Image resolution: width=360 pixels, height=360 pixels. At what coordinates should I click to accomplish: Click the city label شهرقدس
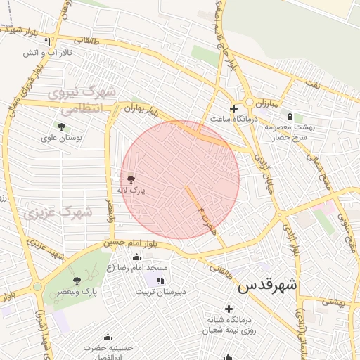coord(267,285)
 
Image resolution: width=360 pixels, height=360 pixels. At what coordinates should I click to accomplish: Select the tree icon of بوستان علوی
coord(61,127)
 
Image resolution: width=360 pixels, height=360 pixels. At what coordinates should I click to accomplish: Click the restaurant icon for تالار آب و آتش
coord(47,41)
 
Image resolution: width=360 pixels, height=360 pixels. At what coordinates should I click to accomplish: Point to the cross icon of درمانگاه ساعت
coord(234,108)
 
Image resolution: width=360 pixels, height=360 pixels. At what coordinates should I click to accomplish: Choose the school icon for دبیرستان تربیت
coord(161,281)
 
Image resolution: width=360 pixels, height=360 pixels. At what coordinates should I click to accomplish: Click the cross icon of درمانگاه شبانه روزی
coord(229,309)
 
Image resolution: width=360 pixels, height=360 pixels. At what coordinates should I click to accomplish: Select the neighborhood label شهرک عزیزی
coord(58,212)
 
